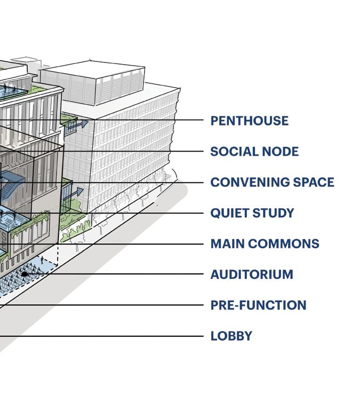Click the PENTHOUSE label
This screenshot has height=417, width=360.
pyautogui.click(x=249, y=121)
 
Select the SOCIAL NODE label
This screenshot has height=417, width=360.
pyautogui.click(x=254, y=152)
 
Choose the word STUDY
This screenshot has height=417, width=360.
pyautogui.click(x=273, y=213)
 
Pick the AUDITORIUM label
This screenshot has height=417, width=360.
pyautogui.click(x=251, y=274)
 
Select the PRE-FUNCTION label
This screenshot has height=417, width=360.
pyautogui.click(x=258, y=305)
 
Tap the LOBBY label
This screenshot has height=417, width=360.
pyautogui.click(x=231, y=336)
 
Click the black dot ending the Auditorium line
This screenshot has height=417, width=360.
pyautogui.click(x=25, y=274)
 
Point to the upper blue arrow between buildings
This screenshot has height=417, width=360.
pyautogui.click(x=81, y=123)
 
